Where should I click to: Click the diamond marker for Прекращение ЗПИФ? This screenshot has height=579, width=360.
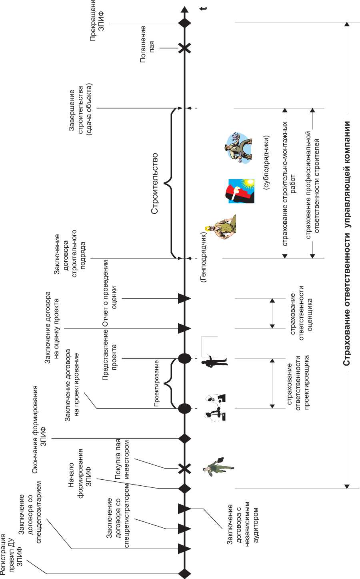[184, 23]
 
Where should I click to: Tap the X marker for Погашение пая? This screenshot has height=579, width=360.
[184, 48]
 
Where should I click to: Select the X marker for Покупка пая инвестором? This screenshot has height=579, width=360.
[184, 468]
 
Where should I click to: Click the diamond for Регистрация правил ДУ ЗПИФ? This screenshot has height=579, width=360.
[184, 573]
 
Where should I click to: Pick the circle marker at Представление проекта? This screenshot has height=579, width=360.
[184, 358]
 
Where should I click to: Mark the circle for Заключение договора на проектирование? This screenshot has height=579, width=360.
[184, 408]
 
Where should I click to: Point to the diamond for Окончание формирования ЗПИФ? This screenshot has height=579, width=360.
[184, 439]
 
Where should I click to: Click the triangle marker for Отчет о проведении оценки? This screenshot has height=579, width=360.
[184, 298]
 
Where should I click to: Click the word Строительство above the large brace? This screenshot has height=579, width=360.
[155, 183]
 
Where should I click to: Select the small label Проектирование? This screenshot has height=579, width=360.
[157, 383]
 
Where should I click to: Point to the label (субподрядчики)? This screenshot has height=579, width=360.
[267, 162]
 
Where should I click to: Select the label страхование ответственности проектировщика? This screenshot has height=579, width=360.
[298, 382]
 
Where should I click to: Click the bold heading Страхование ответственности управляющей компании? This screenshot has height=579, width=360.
[347, 243]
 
